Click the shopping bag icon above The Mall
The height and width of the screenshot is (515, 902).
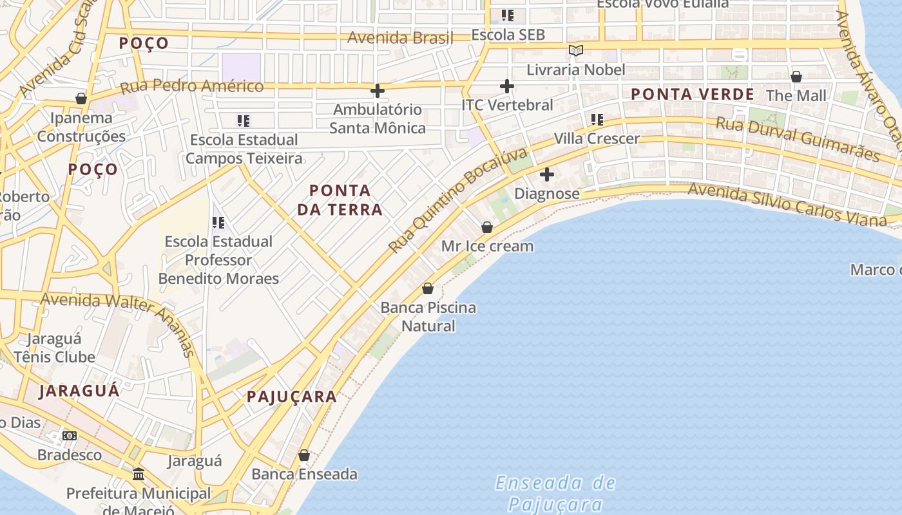pyautogui.click(x=796, y=77)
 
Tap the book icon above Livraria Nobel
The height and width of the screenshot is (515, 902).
pyautogui.click(x=575, y=50)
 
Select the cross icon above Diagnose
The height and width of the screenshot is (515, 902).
pyautogui.click(x=547, y=174)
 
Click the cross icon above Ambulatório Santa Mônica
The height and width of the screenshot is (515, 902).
pyautogui.click(x=378, y=91)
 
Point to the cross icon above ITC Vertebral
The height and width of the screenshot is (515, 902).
pyautogui.click(x=507, y=86)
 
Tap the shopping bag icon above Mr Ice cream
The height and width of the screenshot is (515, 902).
pyautogui.click(x=487, y=227)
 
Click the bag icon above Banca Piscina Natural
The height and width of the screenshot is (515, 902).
pyautogui.click(x=428, y=288)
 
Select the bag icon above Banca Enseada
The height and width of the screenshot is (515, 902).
pyautogui.click(x=304, y=456)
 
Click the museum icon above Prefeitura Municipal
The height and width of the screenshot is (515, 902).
pyautogui.click(x=139, y=474)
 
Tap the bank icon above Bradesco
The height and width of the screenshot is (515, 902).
pyautogui.click(x=70, y=436)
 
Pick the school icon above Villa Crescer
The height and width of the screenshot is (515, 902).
pyautogui.click(x=597, y=120)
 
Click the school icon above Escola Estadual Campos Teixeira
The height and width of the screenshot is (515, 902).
pyautogui.click(x=244, y=120)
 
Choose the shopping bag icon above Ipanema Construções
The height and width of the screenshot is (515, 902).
pyautogui.click(x=81, y=98)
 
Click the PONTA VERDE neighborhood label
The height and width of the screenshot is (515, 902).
pyautogui.click(x=692, y=94)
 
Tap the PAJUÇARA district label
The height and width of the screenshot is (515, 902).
pyautogui.click(x=292, y=397)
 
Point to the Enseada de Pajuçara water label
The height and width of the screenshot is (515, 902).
pyautogui.click(x=555, y=493)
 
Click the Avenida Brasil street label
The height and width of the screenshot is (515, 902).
pyautogui.click(x=400, y=37)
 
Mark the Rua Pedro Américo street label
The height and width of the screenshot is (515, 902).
pyautogui.click(x=192, y=86)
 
